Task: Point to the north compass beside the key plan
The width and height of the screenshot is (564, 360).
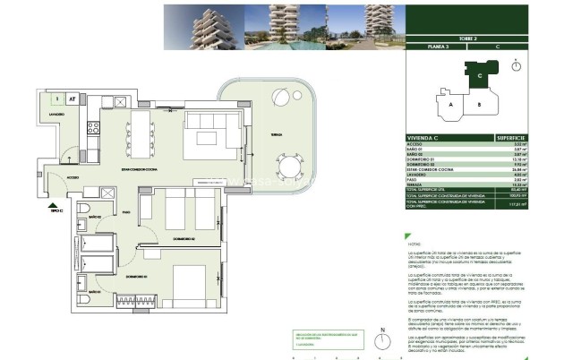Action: click(x=517, y=65)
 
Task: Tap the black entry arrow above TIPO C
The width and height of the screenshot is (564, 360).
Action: click(x=56, y=203)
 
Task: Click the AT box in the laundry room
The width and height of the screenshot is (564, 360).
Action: click(x=72, y=99)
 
